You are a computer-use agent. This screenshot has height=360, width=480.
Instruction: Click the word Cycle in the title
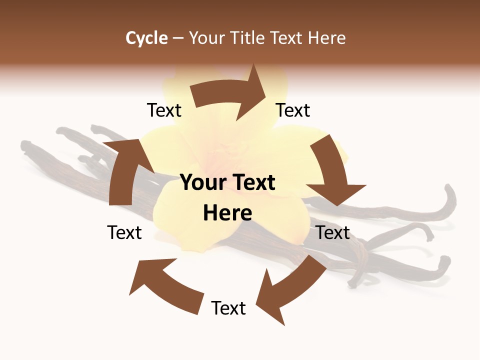[x=146, y=38]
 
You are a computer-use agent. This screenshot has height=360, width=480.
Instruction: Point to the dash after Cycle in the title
[x=178, y=38]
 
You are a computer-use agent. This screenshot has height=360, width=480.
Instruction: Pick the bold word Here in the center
[x=227, y=213]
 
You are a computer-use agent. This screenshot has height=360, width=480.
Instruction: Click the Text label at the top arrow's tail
[x=164, y=110]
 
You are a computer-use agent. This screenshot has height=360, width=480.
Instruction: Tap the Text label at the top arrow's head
[x=293, y=110]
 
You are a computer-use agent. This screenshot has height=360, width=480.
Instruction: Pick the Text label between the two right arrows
[x=333, y=232]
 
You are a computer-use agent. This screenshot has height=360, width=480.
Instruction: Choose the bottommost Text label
[x=228, y=308]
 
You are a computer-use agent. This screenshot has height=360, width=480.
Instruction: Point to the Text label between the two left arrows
[x=124, y=232]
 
